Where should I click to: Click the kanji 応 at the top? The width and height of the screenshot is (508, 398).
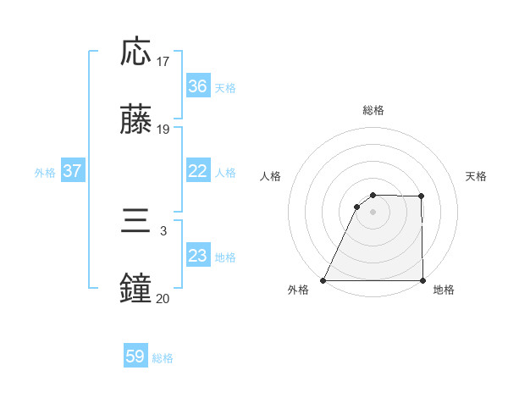tap(136, 53)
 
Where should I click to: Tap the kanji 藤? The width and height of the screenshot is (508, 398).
tap(136, 120)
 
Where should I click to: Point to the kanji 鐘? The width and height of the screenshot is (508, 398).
tap(136, 290)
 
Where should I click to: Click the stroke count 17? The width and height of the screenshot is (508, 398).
tap(163, 62)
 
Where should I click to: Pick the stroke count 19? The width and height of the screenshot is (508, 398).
tap(163, 130)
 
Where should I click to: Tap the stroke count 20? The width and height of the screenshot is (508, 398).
tap(163, 299)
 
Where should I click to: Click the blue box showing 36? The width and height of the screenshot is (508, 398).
tap(197, 86)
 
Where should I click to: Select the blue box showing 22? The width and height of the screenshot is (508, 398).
tap(197, 171)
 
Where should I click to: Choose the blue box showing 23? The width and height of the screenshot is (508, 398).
tap(197, 256)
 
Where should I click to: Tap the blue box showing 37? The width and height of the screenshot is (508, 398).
tap(72, 171)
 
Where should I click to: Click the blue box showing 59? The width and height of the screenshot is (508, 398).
tap(135, 357)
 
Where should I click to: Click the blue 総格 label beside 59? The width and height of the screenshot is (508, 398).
tap(163, 358)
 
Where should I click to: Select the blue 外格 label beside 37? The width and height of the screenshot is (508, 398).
tap(45, 173)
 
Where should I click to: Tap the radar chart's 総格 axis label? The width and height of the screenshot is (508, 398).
tap(373, 110)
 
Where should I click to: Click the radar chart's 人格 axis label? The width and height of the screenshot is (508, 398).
tap(271, 176)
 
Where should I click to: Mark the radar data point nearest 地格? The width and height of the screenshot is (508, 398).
tap(422, 280)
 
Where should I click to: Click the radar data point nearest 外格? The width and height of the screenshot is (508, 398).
tap(323, 280)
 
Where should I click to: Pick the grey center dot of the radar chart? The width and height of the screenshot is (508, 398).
tap(373, 212)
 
